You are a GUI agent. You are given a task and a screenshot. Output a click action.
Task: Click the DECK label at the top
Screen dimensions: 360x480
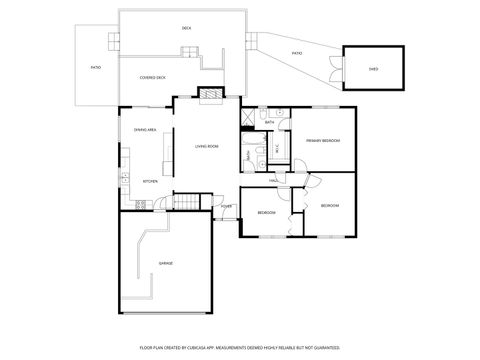[x=186, y=28]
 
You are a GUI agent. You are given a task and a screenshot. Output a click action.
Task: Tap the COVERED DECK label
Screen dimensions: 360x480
[x=153, y=77]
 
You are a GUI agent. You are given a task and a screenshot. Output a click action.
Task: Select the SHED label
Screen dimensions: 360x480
[x=373, y=70]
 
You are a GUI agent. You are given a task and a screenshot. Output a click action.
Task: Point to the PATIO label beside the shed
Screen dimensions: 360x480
[x=296, y=53]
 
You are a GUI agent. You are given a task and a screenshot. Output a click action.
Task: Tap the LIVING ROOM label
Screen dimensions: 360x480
[x=207, y=146]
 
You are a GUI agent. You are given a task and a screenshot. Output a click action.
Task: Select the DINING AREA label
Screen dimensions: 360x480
[x=145, y=130]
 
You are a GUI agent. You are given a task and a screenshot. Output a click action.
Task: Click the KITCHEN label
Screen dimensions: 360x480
[x=150, y=181]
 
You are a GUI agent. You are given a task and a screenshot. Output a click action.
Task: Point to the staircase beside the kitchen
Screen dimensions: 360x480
[x=186, y=204]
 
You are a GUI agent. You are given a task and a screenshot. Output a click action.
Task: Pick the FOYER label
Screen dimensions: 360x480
[x=227, y=207]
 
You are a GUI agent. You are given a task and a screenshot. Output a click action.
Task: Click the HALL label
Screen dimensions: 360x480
[x=272, y=180]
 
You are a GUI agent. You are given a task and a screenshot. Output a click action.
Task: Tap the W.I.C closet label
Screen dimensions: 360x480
[x=277, y=150]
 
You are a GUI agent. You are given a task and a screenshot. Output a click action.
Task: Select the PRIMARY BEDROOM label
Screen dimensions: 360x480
[x=324, y=140]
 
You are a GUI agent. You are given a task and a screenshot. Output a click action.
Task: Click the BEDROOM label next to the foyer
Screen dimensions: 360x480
[x=266, y=213]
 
